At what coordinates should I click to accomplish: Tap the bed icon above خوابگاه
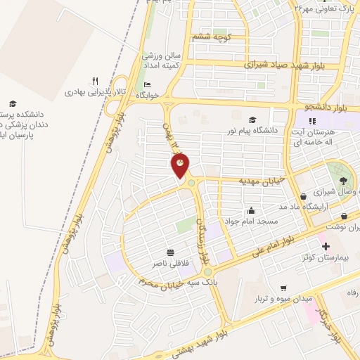tap(146, 86)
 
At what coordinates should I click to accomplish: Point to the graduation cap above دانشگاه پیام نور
tap(252, 120)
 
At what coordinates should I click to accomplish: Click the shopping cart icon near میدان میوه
tap(283, 288)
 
